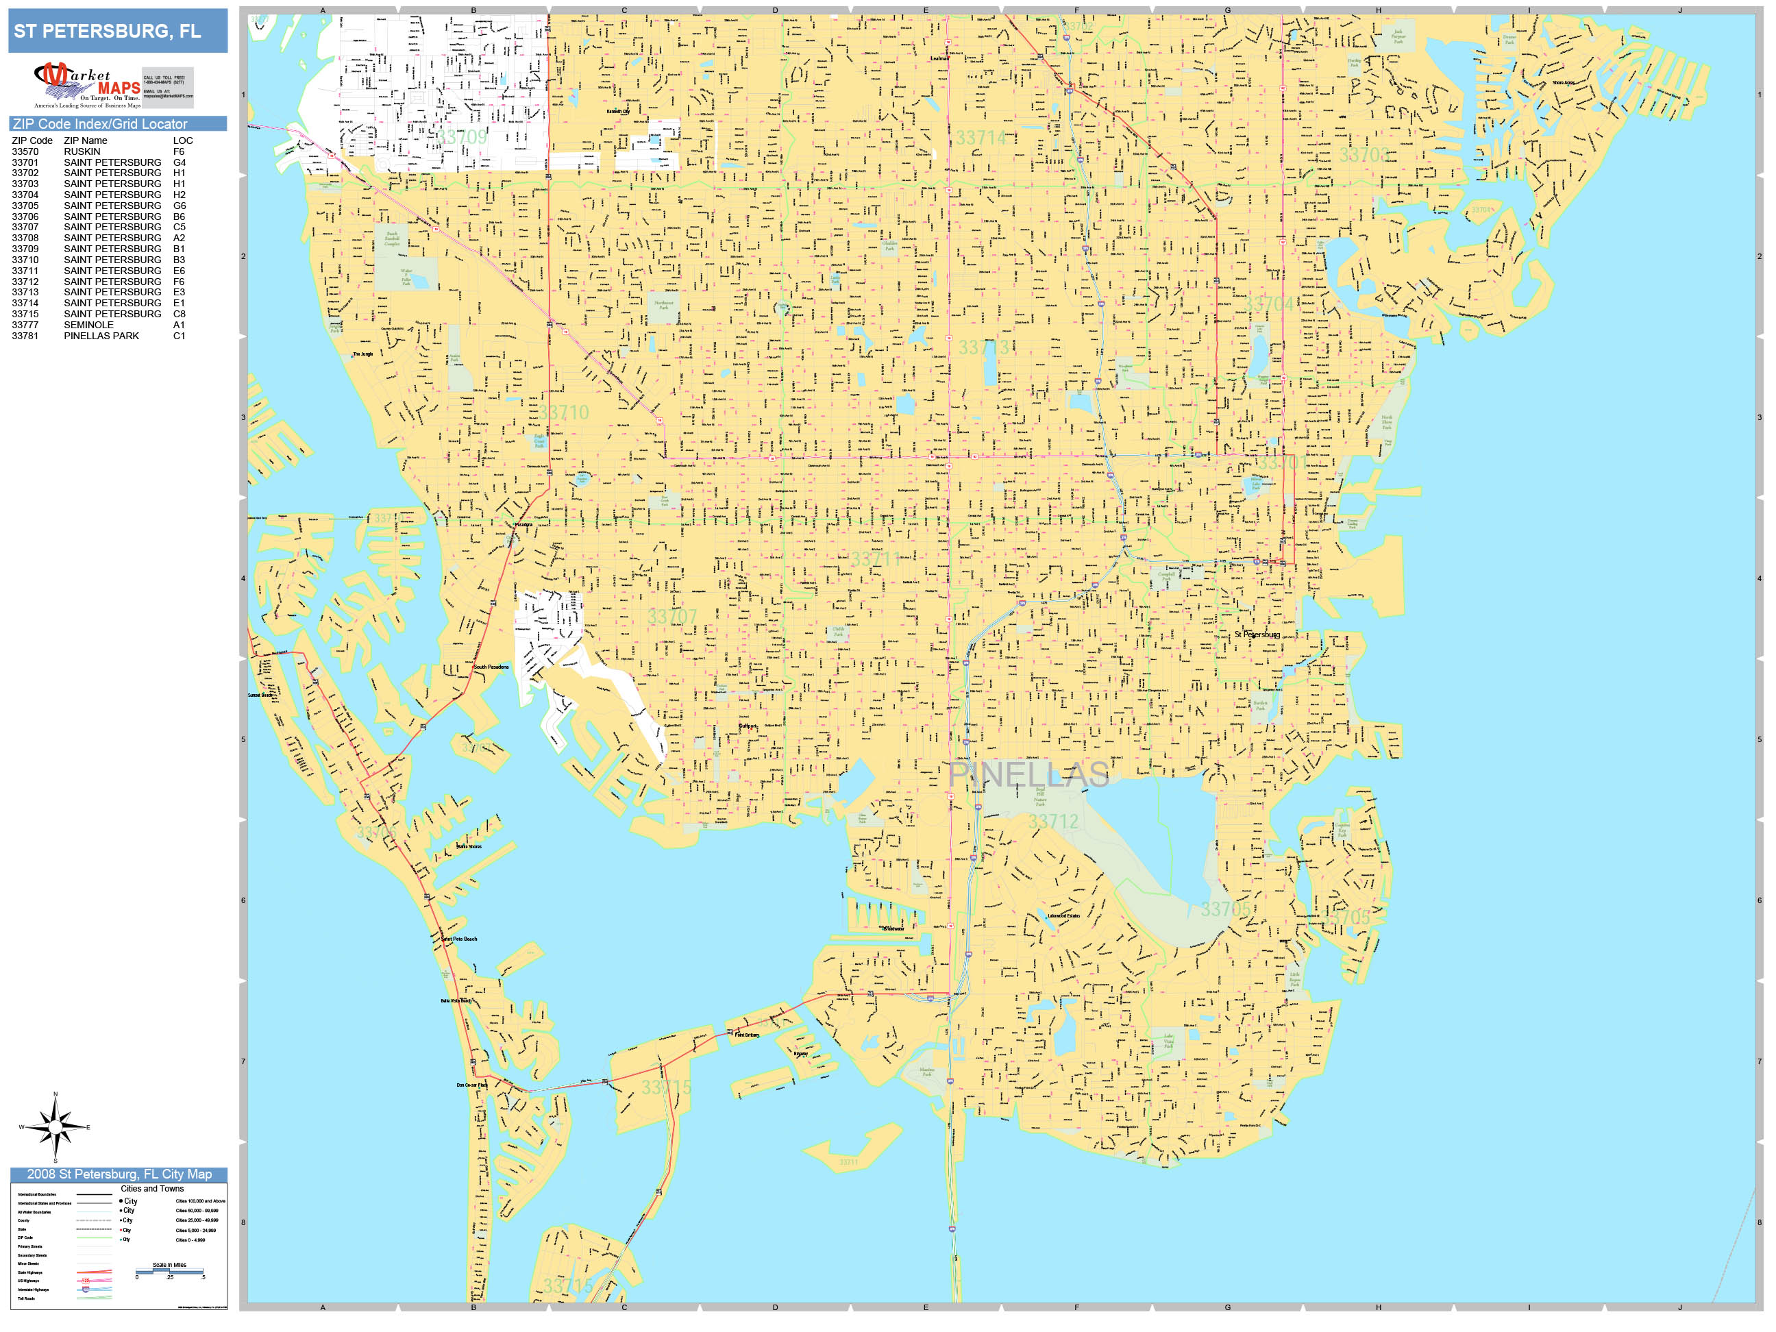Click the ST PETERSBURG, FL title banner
point(117,32)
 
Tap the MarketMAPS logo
point(112,85)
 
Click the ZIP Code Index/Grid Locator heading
point(100,123)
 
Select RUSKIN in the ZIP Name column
point(82,151)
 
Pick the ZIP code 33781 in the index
point(25,336)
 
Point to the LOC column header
point(183,140)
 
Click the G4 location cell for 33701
point(179,162)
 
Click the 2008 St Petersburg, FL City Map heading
point(119,1174)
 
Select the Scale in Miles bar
point(169,1271)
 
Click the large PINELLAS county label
point(1028,775)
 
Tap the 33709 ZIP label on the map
point(463,137)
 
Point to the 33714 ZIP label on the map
point(981,138)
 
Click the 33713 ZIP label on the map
point(983,347)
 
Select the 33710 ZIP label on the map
point(564,412)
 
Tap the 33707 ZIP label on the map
point(672,617)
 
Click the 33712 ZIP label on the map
point(1053,822)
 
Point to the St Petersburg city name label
point(1257,634)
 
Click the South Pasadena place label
point(491,667)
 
